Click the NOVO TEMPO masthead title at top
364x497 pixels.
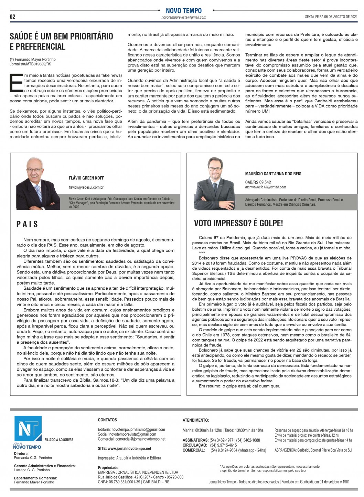(x=184, y=11)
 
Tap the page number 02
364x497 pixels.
(x=13, y=17)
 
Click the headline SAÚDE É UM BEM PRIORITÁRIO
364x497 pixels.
(x=62, y=36)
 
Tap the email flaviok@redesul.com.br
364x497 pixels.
(x=86, y=187)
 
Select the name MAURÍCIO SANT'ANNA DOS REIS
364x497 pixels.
(x=273, y=174)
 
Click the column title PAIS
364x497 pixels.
(x=27, y=225)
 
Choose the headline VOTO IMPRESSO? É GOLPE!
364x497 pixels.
(x=238, y=223)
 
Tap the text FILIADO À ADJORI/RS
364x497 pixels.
(x=59, y=440)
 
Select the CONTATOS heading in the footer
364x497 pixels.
(x=107, y=420)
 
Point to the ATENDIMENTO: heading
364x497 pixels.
(x=195, y=420)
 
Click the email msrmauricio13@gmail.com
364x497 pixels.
(x=265, y=187)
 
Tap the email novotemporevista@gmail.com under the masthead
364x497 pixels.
(x=184, y=17)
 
